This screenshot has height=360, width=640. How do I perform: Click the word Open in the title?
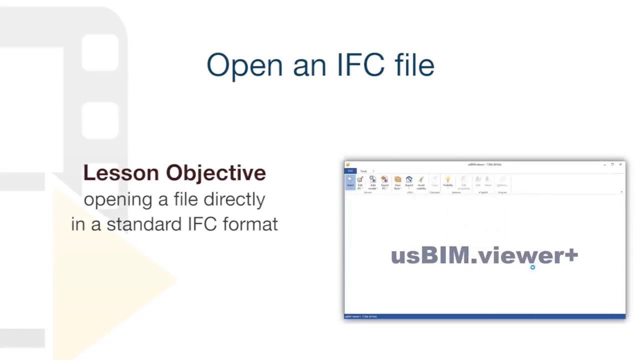(244, 65)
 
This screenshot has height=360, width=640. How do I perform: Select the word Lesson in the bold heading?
(120, 172)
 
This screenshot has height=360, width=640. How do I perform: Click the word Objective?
(215, 172)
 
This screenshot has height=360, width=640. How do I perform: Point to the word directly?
(234, 199)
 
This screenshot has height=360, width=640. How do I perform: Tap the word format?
(250, 224)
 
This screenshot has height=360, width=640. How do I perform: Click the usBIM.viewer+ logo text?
(483, 255)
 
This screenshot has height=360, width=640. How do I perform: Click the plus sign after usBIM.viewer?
(571, 255)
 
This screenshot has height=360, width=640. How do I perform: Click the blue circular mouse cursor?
(532, 267)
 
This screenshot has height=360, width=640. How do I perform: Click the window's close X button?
(620, 164)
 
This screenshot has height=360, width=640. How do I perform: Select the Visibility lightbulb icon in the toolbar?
(447, 180)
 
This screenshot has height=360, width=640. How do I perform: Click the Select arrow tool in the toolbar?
(350, 181)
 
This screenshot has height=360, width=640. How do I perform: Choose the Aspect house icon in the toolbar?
(409, 180)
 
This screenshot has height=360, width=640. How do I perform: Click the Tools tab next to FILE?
(363, 171)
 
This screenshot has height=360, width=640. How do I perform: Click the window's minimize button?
(604, 164)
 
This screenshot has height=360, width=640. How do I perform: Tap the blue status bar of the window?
(484, 316)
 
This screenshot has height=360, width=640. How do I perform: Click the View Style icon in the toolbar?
(397, 180)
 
